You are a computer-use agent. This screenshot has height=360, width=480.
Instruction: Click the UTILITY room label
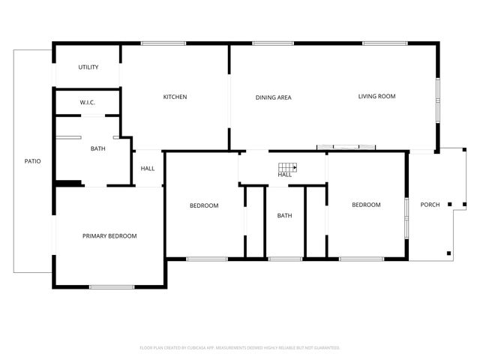(88, 67)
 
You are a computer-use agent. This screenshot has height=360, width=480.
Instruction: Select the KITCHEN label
(175, 97)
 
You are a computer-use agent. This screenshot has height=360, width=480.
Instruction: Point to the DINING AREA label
(273, 97)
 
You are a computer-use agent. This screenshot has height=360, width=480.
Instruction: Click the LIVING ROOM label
(376, 96)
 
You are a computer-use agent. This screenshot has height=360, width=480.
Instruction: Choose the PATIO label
(32, 161)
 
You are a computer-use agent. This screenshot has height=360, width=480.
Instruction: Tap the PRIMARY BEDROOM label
(109, 236)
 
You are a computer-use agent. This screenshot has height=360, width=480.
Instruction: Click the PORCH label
(430, 205)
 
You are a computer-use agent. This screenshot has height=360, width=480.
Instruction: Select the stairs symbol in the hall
(288, 168)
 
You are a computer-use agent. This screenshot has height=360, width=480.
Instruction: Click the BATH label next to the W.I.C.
(97, 148)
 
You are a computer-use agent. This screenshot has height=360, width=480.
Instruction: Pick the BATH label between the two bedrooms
(284, 216)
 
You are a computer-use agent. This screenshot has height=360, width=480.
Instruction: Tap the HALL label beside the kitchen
(148, 168)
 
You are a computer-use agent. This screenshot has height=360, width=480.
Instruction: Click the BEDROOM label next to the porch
(366, 205)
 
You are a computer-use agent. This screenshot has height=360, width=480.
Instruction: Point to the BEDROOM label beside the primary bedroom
(204, 205)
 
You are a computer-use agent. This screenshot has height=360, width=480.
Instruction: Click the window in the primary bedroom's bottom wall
(112, 286)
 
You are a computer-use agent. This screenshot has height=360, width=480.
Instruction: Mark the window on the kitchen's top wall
(163, 43)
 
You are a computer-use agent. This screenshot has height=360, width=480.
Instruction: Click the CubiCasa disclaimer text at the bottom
(240, 348)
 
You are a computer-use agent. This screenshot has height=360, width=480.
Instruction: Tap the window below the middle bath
(285, 259)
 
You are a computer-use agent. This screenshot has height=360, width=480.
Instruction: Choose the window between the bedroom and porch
(407, 217)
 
